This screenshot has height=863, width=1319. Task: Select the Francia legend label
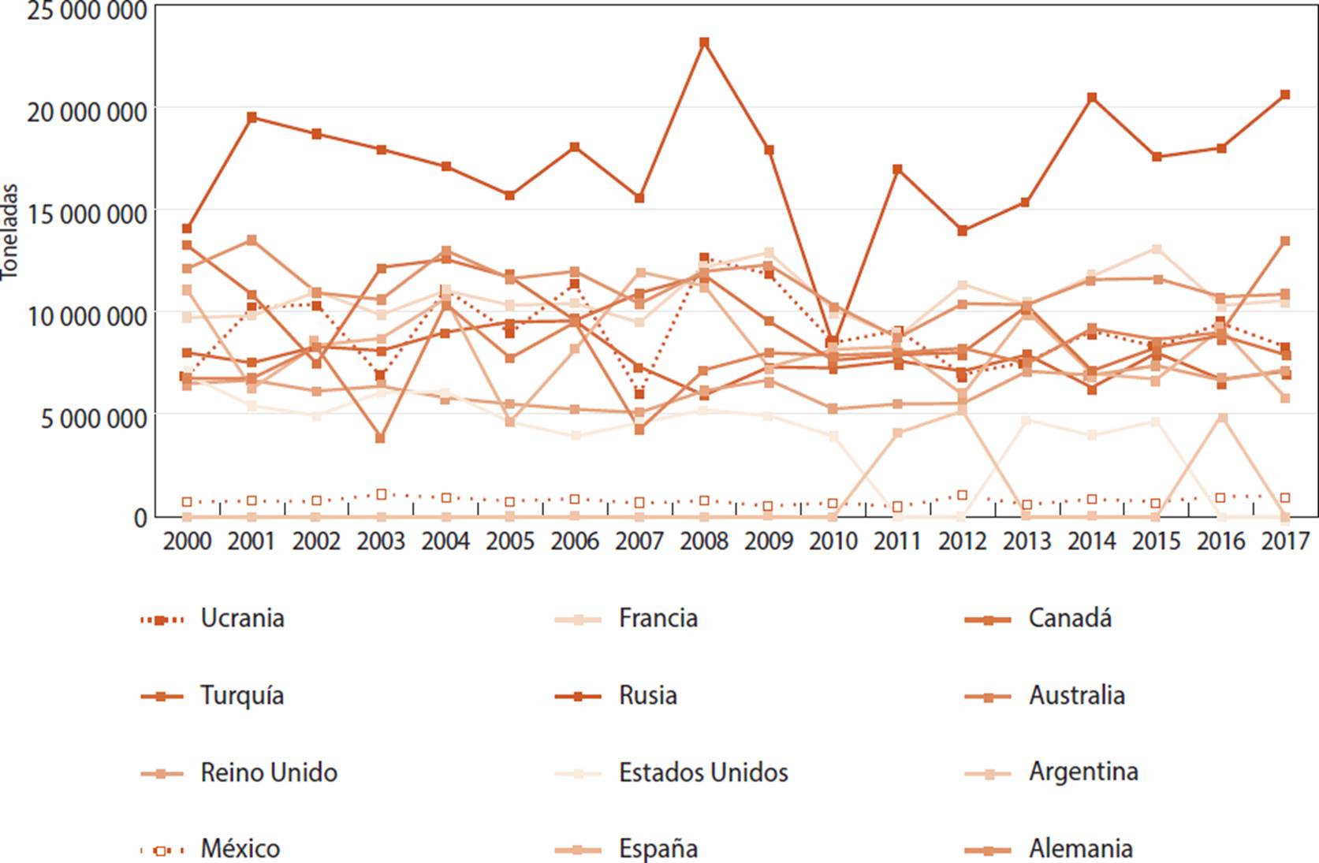click(658, 619)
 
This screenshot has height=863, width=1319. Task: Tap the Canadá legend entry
click(1069, 619)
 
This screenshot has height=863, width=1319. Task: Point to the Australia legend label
click(1076, 696)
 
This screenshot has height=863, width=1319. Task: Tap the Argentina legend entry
click(1082, 772)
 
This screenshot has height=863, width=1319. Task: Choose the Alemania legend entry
click(1080, 849)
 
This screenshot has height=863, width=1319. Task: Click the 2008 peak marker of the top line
click(704, 43)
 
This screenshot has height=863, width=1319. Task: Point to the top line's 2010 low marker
click(833, 341)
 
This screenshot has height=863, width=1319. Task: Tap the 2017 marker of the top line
click(1284, 95)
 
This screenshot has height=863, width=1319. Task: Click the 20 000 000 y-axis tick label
click(87, 111)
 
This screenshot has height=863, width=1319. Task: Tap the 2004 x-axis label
click(445, 541)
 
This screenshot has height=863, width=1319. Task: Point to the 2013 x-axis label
click(1027, 541)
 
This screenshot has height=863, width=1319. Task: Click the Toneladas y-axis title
click(9, 232)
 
